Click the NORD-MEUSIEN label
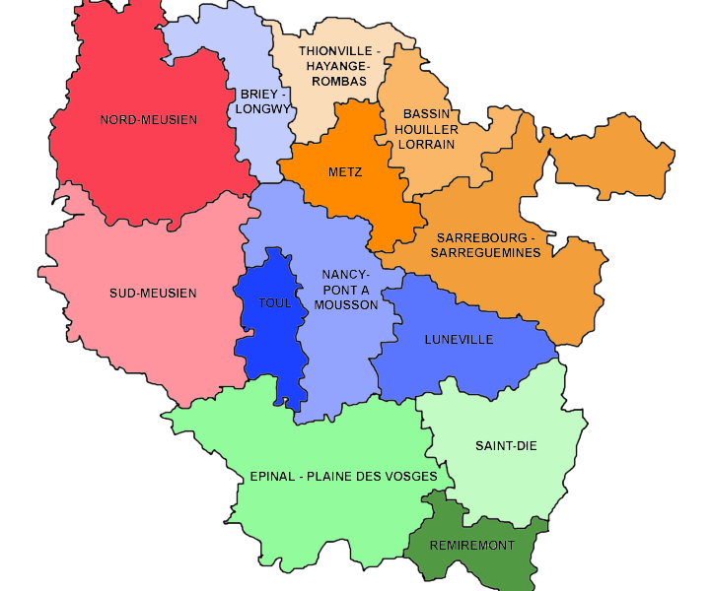(x=149, y=120)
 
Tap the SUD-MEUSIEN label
(x=153, y=293)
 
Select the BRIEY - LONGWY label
(x=265, y=101)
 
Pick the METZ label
(x=345, y=172)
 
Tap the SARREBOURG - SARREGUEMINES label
(x=485, y=245)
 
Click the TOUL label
(x=275, y=302)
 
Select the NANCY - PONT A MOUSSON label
(x=345, y=289)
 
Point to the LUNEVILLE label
(x=459, y=340)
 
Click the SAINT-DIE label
(x=506, y=445)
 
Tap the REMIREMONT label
(x=472, y=545)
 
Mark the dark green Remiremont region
(x=493, y=566)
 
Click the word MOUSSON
(x=345, y=304)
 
